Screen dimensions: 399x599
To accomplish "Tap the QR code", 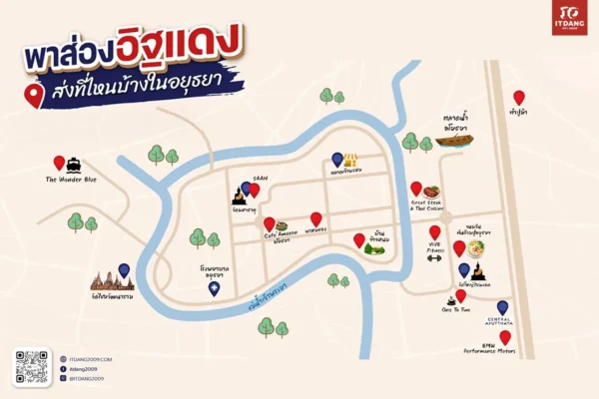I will pyautogui.click(x=32, y=366).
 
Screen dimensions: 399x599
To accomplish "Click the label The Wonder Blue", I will pyautogui.click(x=72, y=181).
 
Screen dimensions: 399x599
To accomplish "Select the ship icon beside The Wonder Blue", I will pyautogui.click(x=75, y=164).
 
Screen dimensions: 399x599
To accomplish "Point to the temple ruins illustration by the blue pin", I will pyautogui.click(x=112, y=282).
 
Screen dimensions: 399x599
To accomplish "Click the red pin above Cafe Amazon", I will pyautogui.click(x=269, y=223).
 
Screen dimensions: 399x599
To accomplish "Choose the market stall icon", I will pyautogui.click(x=350, y=160).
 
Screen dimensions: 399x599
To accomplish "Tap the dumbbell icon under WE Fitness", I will pyautogui.click(x=434, y=257).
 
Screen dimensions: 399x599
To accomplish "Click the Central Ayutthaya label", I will pyautogui.click(x=500, y=324).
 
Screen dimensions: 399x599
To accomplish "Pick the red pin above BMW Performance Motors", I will pyautogui.click(x=505, y=336).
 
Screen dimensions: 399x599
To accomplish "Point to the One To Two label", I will pyautogui.click(x=456, y=308).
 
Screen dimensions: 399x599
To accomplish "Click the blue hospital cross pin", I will pyautogui.click(x=213, y=288).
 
